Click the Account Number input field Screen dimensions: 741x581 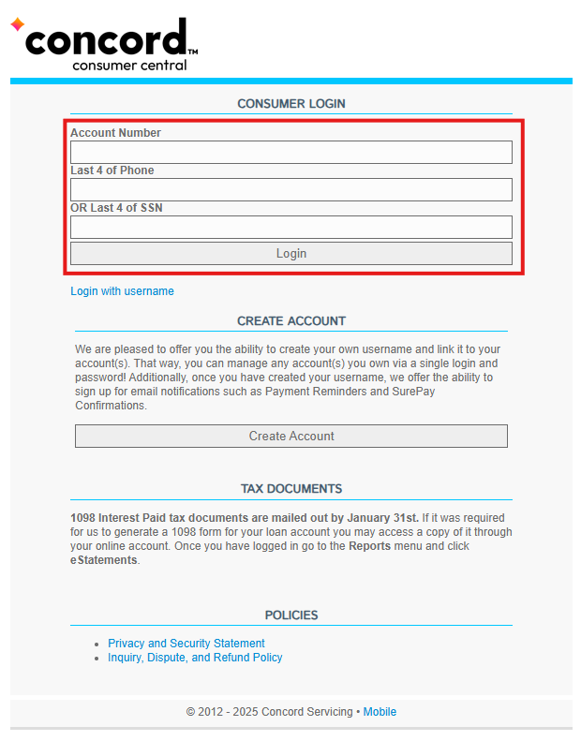[x=290, y=152]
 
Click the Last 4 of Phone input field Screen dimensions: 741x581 [x=290, y=189]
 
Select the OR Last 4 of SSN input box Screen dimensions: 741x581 [x=290, y=227]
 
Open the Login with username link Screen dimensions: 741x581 [x=122, y=291]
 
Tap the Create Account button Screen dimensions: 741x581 [x=290, y=436]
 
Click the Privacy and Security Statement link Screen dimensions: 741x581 [x=186, y=644]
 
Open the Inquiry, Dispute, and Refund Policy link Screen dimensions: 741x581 [x=195, y=658]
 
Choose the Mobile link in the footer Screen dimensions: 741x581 [x=380, y=712]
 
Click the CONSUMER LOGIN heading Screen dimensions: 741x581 [x=290, y=104]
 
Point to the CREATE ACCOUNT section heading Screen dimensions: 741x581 [x=290, y=320]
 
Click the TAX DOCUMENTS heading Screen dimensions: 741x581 [x=290, y=489]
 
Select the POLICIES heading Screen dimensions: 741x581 [x=290, y=615]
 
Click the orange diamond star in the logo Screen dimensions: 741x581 [x=17, y=24]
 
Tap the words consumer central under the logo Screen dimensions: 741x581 [x=129, y=65]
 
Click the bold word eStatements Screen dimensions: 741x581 [x=104, y=560]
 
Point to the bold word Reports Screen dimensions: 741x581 [x=369, y=546]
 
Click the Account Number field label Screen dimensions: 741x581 [x=115, y=133]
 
